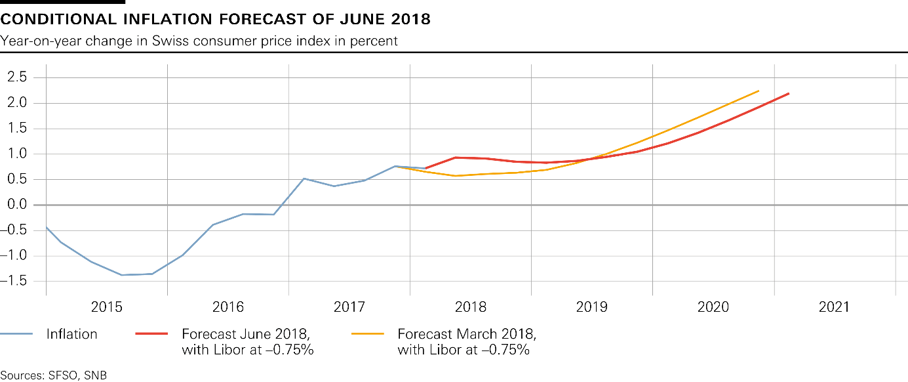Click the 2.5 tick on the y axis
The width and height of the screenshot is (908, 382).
point(17,77)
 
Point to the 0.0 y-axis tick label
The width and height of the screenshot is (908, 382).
point(17,205)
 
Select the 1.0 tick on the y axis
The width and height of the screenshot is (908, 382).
point(17,154)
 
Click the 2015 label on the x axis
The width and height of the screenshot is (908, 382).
point(107,307)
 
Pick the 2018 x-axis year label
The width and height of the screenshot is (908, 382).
point(471,307)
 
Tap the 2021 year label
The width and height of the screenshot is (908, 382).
point(834,307)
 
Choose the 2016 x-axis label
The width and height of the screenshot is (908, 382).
point(228,307)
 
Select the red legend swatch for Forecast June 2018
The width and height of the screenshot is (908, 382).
point(152,334)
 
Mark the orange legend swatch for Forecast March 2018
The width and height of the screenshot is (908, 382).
point(368,334)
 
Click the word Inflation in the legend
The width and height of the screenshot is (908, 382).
point(71,334)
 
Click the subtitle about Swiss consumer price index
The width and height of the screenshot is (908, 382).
point(199,41)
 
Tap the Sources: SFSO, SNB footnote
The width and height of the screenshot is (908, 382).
point(53,375)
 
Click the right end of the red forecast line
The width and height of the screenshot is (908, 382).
point(788,93)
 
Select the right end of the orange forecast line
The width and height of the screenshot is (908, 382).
point(759,91)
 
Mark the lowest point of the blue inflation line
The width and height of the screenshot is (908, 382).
point(122,275)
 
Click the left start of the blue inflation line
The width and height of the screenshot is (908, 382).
point(46,227)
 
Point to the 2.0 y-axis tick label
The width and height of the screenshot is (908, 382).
point(17,102)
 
